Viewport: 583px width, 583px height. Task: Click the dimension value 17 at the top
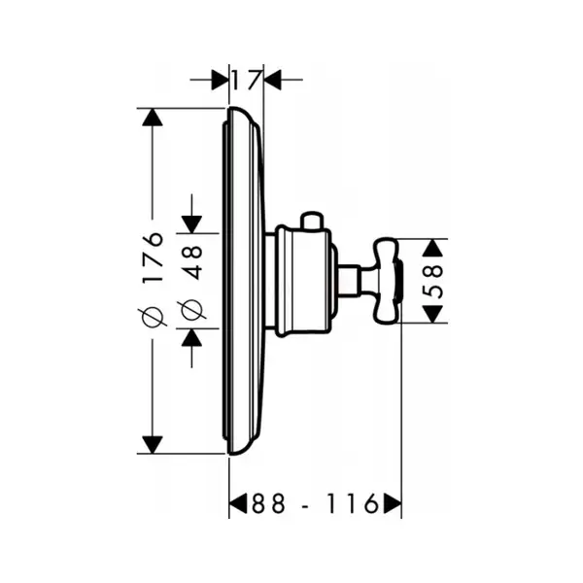point(245,80)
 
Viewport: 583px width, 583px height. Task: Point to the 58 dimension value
point(433,281)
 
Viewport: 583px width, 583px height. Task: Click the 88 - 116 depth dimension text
point(315,504)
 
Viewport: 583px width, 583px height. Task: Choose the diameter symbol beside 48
point(191,310)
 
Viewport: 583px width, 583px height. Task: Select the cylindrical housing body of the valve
point(302,282)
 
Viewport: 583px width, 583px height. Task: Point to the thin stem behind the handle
point(355,281)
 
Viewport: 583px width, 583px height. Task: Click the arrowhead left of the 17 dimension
point(221,80)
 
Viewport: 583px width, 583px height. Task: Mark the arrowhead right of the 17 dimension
point(272,80)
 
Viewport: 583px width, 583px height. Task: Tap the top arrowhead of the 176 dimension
point(153,118)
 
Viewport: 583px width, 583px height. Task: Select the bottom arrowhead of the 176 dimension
point(153,445)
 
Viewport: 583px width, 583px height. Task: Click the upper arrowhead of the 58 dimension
point(433,248)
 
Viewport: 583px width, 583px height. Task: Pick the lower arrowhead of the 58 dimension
point(433,314)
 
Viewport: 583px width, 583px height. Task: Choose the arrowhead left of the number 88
point(238,504)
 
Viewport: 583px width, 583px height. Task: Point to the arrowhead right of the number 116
point(393,504)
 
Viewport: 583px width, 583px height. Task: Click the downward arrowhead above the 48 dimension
point(191,224)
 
